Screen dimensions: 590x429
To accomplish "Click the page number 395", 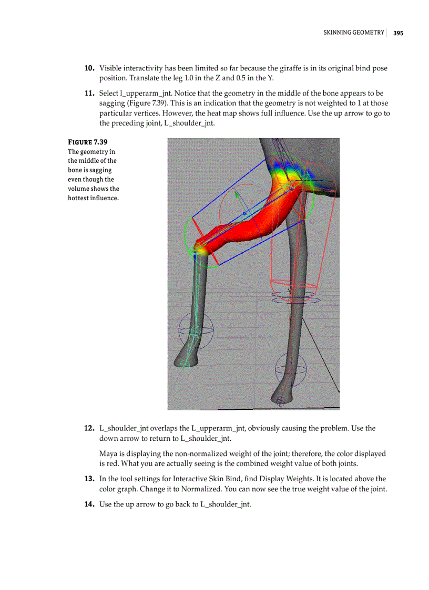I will [398, 33].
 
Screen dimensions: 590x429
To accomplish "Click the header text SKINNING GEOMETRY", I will [353, 33].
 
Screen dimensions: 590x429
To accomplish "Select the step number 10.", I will [89, 68].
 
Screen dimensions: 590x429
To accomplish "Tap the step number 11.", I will [89, 94].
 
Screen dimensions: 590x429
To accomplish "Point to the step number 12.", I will [89, 428].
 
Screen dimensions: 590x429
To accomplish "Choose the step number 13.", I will [89, 479].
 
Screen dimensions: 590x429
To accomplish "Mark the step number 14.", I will [89, 504].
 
